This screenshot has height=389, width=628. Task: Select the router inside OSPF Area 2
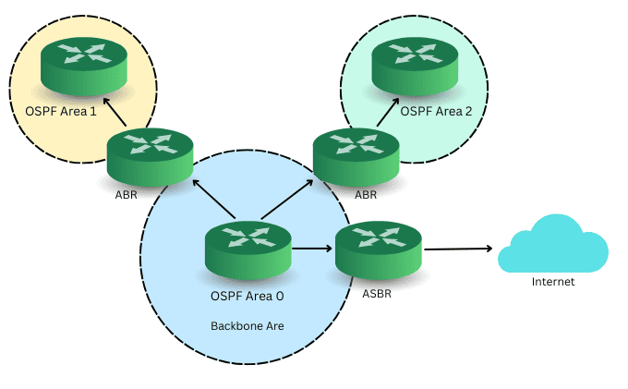pyautogui.click(x=414, y=67)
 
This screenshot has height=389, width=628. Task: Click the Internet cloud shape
pyautogui.click(x=552, y=244)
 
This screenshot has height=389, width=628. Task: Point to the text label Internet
pyautogui.click(x=553, y=282)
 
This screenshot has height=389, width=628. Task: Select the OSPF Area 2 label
pyautogui.click(x=436, y=111)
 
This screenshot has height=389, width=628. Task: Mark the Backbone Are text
pyautogui.click(x=247, y=326)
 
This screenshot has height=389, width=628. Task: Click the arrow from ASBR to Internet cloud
pyautogui.click(x=457, y=249)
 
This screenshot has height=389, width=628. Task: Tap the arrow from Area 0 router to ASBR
pyautogui.click(x=313, y=248)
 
